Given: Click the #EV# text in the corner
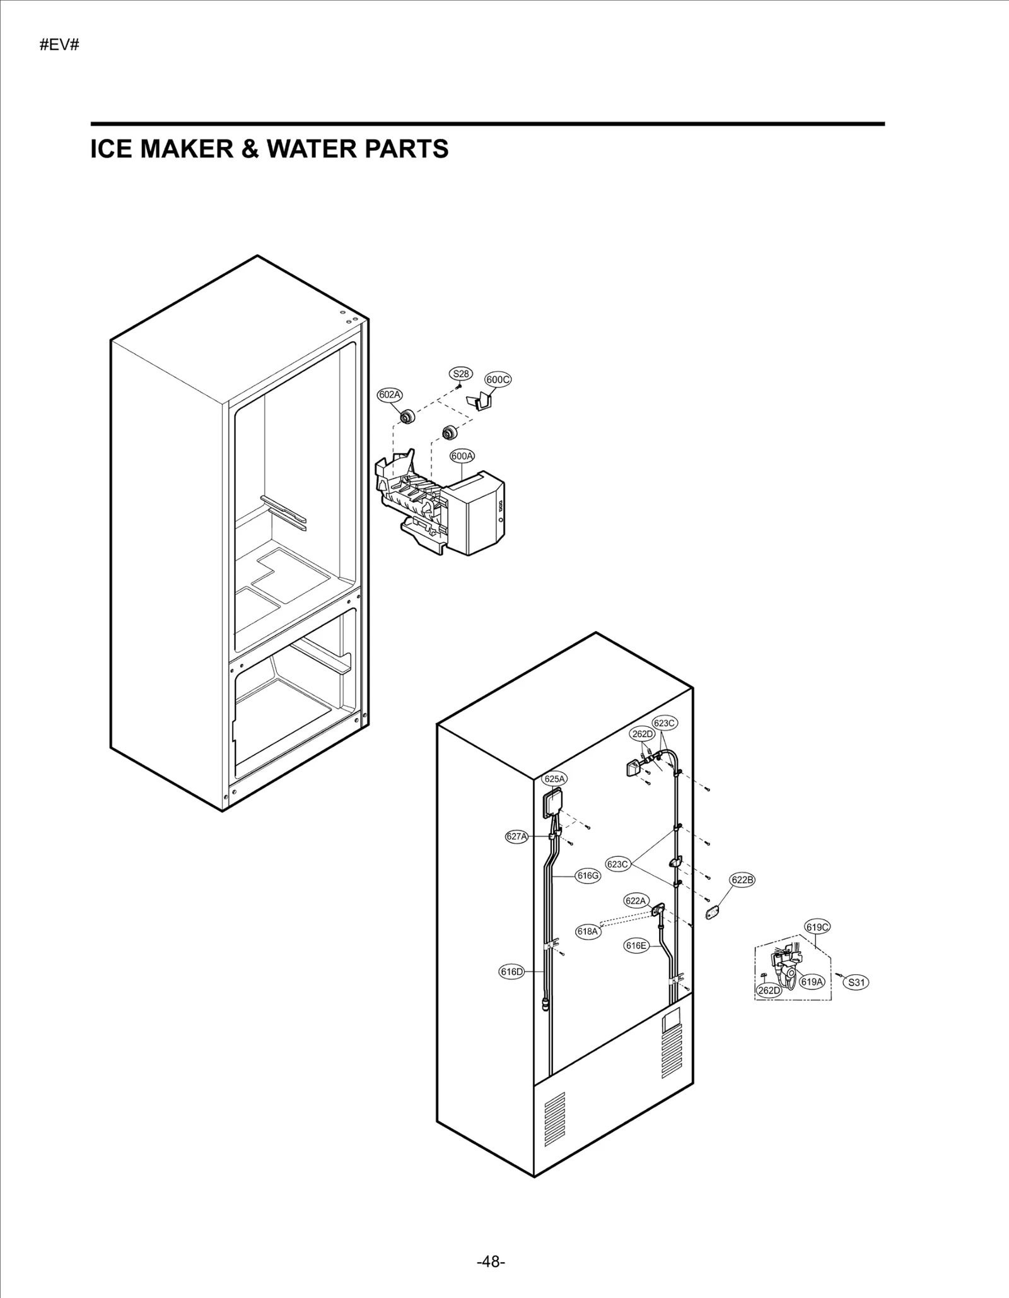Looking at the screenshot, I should [59, 45].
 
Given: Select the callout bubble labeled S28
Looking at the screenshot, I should [460, 374].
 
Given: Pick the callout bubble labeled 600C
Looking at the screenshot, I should [498, 379].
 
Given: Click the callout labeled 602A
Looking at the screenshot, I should [389, 394].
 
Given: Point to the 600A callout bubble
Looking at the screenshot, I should [462, 456].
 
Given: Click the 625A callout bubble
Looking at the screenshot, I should [554, 779].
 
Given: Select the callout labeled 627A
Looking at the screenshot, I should [516, 837].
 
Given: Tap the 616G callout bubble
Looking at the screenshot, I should [588, 875].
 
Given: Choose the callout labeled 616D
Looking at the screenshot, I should [511, 972].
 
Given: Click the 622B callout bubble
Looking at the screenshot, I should [742, 880].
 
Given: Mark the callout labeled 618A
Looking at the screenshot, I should [587, 931].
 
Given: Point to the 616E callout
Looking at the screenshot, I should [636, 945].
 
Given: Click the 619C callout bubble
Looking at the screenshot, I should [817, 927].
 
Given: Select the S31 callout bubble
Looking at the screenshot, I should [856, 982].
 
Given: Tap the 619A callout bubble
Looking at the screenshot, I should [812, 982].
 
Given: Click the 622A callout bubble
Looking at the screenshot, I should [635, 900].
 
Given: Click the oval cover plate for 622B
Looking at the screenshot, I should [713, 912].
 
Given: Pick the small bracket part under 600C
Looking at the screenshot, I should [482, 401].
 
